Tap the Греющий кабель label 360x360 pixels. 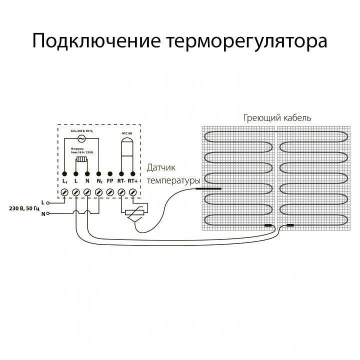pyautogui.click(x=277, y=118)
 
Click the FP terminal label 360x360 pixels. pyautogui.click(x=110, y=180)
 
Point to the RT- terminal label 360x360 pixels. pyautogui.click(x=121, y=180)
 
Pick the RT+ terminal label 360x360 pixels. pyautogui.click(x=132, y=180)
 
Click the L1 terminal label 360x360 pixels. pyautogui.click(x=65, y=180)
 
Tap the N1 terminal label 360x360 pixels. pyautogui.click(x=98, y=180)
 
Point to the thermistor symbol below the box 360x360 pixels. pyautogui.click(x=133, y=212)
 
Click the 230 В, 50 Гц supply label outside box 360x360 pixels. pyautogui.click(x=23, y=207)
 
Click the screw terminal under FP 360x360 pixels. pyautogui.click(x=110, y=192)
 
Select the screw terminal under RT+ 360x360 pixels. pyautogui.click(x=132, y=192)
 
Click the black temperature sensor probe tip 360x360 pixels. pyautogui.click(x=207, y=189)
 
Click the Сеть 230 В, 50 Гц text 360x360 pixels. pyautogui.click(x=81, y=130)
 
